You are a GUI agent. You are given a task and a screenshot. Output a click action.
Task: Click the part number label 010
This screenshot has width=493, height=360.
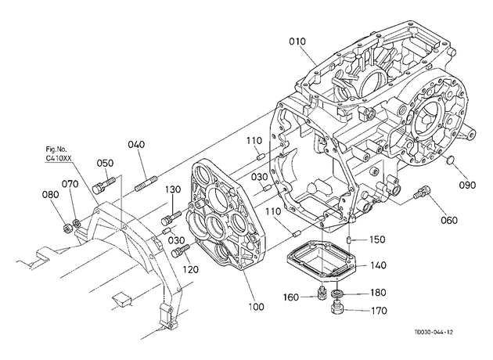click(297, 41)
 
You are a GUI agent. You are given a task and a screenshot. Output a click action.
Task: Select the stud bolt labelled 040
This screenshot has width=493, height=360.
click(146, 184)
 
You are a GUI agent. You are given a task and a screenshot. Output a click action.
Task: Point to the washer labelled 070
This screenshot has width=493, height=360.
click(76, 224)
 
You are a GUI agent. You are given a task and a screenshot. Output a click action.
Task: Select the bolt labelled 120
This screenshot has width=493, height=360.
click(181, 250)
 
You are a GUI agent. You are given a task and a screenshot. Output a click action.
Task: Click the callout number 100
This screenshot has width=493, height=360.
click(256, 307)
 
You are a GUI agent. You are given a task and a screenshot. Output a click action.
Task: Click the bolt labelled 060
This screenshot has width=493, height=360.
click(421, 192)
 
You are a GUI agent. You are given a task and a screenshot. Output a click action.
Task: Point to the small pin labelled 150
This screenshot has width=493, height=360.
click(349, 240)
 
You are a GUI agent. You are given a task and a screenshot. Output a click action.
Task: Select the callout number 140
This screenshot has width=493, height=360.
click(378, 265)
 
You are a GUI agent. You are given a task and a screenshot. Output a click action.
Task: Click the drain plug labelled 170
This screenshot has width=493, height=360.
click(338, 308)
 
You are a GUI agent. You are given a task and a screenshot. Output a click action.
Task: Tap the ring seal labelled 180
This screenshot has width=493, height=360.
click(338, 293)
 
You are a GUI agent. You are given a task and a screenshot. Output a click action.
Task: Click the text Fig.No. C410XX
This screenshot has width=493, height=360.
click(57, 153)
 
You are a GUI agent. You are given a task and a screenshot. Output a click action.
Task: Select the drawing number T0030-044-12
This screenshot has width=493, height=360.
click(434, 333)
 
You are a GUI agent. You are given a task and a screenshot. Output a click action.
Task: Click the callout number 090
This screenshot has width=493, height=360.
click(467, 185)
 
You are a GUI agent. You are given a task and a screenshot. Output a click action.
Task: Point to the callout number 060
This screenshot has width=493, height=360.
click(449, 221)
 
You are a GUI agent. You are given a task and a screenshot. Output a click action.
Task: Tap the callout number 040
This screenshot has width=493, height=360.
click(136, 144)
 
